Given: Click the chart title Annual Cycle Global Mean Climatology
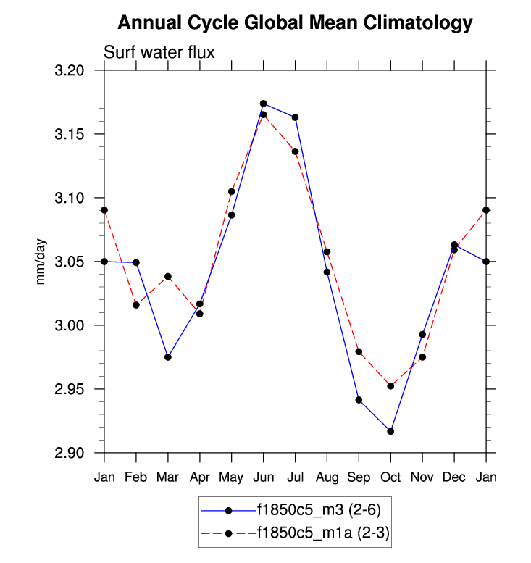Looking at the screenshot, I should pyautogui.click(x=295, y=23).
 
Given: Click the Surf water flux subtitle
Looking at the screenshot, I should pyautogui.click(x=159, y=52).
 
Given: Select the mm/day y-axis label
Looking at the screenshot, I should pyautogui.click(x=41, y=262).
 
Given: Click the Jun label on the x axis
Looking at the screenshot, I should pyautogui.click(x=263, y=477).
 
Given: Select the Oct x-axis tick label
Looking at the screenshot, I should pyautogui.click(x=390, y=477).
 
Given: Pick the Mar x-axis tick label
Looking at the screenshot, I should pyautogui.click(x=167, y=477).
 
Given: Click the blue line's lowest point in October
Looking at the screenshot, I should pyautogui.click(x=390, y=431).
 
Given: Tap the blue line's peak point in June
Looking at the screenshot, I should pyautogui.click(x=264, y=104).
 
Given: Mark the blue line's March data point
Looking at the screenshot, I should pyautogui.click(x=168, y=357).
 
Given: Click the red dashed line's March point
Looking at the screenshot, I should pyautogui.click(x=168, y=277).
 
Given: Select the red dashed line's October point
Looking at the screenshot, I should pyautogui.click(x=390, y=386).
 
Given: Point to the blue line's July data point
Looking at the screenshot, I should pyautogui.click(x=295, y=117).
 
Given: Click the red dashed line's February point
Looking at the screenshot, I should pyautogui.click(x=136, y=305).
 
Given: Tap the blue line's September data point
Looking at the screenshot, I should pyautogui.click(x=359, y=400).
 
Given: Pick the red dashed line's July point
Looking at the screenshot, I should pyautogui.click(x=295, y=151).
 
